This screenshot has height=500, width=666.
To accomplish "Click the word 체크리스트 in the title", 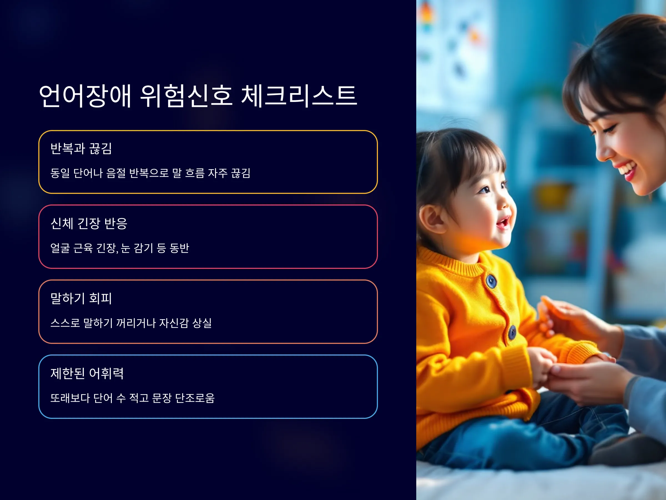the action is [299, 96].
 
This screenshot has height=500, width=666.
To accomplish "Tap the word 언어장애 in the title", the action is [85, 96].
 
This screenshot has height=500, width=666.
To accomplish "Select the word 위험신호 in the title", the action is [186, 96].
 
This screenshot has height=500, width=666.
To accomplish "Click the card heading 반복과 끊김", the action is [81, 148].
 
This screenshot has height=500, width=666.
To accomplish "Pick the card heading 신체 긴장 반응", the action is [89, 223].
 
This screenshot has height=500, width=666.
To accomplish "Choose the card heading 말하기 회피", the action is [81, 298].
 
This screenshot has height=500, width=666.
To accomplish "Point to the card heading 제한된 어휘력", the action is [87, 373].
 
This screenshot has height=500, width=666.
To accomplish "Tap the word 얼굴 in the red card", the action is [60, 248].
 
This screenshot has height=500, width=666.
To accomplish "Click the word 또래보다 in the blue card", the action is [70, 398].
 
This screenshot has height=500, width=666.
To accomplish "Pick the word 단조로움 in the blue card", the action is [195, 398].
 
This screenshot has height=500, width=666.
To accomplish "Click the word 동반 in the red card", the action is [179, 248].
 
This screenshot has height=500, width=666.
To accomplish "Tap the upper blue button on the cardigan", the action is [491, 281].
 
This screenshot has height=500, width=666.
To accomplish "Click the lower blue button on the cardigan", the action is [512, 332].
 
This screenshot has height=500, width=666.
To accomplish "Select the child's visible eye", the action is [485, 190].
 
